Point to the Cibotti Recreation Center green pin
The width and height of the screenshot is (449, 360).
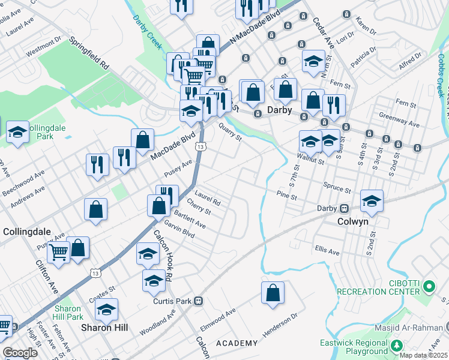(428, 287)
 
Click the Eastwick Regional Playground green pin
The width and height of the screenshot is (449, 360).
(397, 346)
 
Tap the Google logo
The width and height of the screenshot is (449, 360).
(19, 353)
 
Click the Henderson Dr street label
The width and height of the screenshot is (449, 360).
(279, 325)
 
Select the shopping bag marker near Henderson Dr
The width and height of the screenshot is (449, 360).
(273, 293)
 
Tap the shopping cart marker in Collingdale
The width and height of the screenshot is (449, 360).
(58, 252)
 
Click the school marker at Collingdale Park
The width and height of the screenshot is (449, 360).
(17, 132)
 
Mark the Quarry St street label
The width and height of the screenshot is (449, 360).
(230, 132)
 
